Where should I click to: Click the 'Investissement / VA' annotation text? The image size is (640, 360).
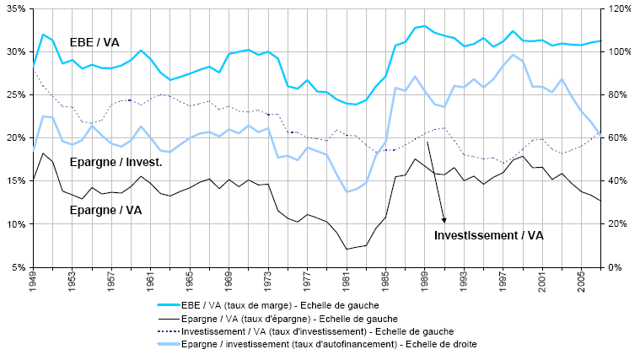489,235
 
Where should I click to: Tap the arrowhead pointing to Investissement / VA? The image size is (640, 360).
444,222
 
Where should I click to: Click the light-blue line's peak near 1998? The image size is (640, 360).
514,55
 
